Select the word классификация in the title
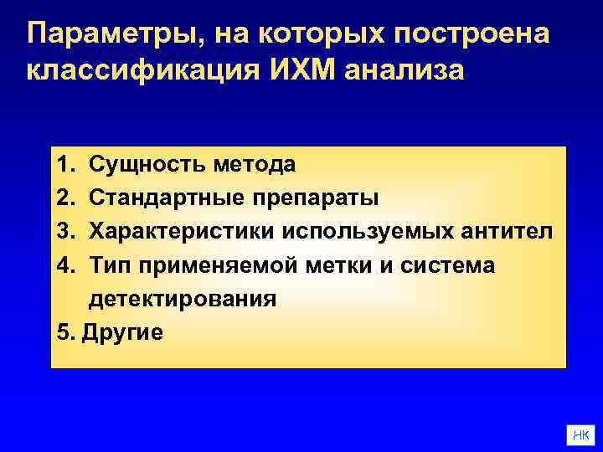point(142,70)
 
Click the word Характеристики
point(184,231)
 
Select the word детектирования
point(183,299)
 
